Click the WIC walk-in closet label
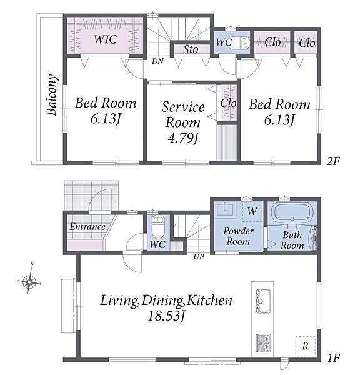(105, 39)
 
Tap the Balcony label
(52, 95)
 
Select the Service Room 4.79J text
(183, 122)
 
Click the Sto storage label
(191, 49)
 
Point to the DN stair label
(157, 61)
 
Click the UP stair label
(199, 257)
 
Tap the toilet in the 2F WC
(242, 42)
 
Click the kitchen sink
(263, 301)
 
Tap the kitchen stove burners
(263, 342)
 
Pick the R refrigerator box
(305, 346)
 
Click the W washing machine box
(252, 211)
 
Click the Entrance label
(87, 227)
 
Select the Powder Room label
(238, 236)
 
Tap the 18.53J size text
(166, 316)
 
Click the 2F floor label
(333, 161)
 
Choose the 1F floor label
(334, 358)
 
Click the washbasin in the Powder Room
(225, 209)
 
